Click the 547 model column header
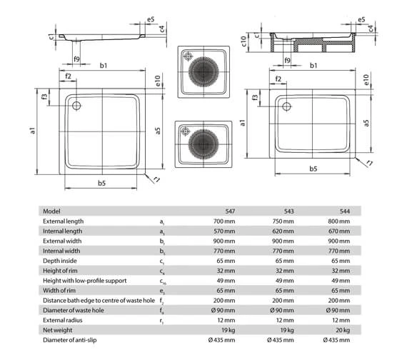pyautogui.click(x=230, y=211)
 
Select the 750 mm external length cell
pyautogui.click(x=283, y=221)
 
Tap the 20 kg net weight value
pyautogui.click(x=343, y=330)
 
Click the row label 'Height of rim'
pyautogui.click(x=60, y=271)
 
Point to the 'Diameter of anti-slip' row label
pyautogui.click(x=69, y=340)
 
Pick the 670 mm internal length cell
pyautogui.click(x=339, y=231)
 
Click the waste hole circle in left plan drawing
pyautogui.click(x=76, y=106)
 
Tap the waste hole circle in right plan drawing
pyautogui.click(x=286, y=106)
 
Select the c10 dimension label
pyautogui.click(x=243, y=41)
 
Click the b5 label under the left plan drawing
pyautogui.click(x=101, y=183)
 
